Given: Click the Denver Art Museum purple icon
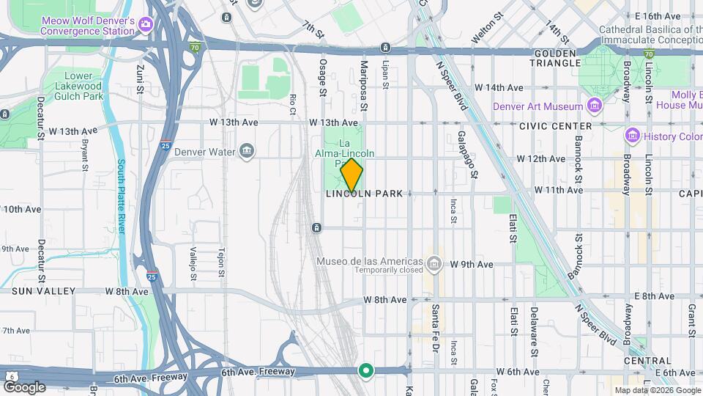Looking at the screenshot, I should pos(595,106).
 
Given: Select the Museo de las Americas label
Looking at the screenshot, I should pos(370,262).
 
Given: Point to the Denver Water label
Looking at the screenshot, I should pos(215,152).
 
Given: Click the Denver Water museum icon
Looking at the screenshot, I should pos(247,152).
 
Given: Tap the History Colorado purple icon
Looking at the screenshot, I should pos(632,136).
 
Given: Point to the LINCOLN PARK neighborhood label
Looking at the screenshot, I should pos(364,194).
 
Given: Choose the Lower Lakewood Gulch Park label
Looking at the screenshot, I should pos(72,86).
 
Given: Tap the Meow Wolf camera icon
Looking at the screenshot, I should pos(145,26).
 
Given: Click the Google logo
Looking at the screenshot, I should pos(23,386).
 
